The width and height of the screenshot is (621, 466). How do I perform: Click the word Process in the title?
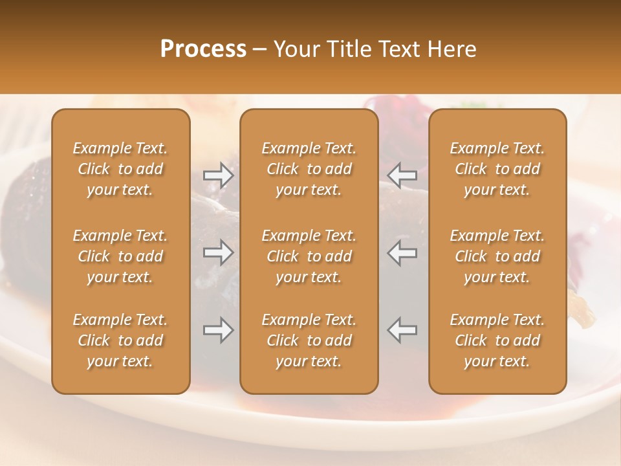(203, 50)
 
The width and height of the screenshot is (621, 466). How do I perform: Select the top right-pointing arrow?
(218, 175)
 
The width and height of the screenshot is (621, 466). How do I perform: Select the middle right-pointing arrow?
(218, 252)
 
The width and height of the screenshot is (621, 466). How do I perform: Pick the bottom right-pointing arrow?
(218, 330)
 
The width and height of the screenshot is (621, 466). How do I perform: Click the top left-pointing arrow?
(402, 175)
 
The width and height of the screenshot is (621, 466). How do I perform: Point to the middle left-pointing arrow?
(402, 252)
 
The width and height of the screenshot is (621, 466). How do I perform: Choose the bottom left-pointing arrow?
(402, 330)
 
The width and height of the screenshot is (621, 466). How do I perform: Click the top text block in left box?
(120, 169)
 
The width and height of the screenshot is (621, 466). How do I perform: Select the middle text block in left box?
(120, 256)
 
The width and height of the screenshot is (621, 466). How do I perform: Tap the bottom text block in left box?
(120, 340)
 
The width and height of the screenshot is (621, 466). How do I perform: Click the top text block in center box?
(309, 169)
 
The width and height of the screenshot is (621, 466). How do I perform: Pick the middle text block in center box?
(309, 256)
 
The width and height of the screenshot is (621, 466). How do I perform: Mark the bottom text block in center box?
(309, 340)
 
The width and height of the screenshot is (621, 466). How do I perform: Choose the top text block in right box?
(497, 169)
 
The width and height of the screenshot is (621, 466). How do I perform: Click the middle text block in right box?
(497, 256)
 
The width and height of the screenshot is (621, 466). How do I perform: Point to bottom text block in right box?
(497, 340)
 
